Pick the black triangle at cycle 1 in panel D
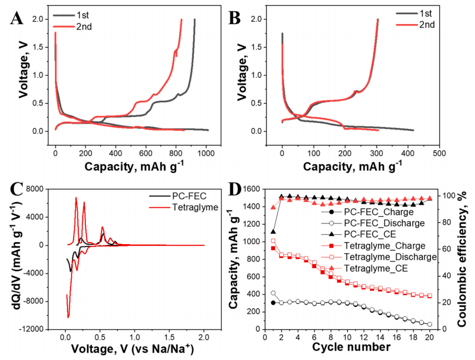coord(273,232)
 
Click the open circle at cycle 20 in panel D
coord(430,324)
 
